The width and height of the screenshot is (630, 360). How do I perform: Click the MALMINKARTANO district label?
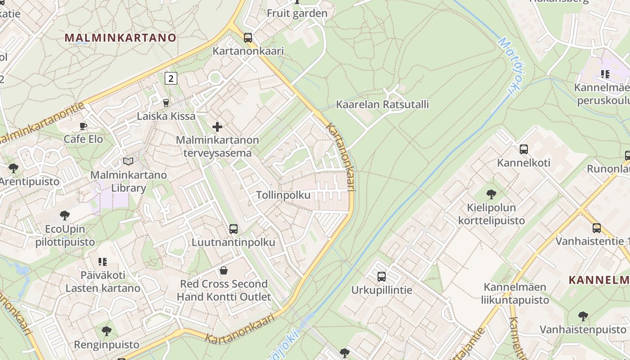121,38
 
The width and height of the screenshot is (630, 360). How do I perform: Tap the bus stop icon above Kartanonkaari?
248,37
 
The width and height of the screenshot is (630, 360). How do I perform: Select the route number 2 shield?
171,78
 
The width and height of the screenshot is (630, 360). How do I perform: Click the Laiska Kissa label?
166,116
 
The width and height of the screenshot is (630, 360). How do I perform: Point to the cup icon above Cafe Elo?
83,126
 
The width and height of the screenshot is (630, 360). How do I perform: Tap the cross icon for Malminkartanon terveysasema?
217,127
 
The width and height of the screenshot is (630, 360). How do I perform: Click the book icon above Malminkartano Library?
128,161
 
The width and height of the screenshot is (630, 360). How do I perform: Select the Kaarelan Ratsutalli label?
382,105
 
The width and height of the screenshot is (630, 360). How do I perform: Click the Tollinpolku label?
283,195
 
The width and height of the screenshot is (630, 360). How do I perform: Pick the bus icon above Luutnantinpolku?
233,229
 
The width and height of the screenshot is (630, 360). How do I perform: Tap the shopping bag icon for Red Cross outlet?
224,270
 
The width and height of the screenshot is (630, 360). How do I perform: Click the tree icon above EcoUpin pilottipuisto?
65,216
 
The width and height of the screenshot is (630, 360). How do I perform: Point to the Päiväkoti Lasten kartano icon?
103,261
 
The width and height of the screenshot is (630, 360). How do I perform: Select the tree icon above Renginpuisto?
107,332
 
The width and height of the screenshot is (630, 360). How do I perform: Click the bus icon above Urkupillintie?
382,276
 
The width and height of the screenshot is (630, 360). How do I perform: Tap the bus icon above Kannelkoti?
523,149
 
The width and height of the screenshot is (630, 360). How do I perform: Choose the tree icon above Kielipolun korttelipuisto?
491,194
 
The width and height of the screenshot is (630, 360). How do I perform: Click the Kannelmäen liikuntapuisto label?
515,293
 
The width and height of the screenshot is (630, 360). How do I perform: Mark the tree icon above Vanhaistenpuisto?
583,316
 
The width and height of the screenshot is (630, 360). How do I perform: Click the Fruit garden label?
297,13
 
